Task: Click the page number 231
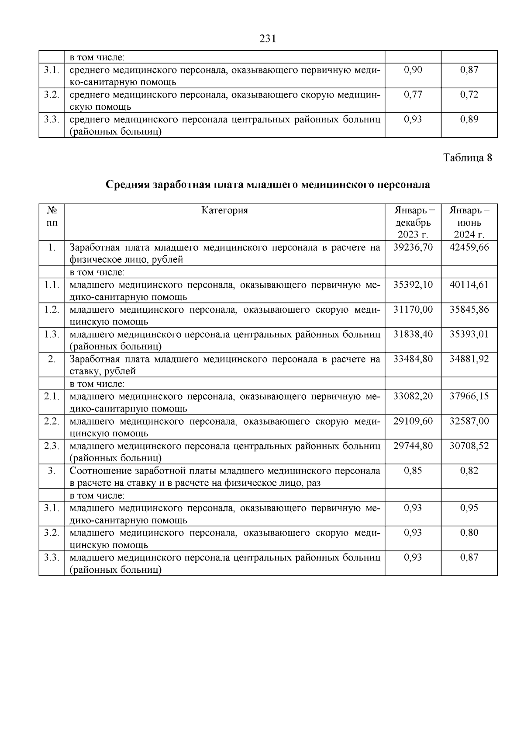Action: click(268, 39)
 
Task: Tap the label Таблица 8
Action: click(468, 158)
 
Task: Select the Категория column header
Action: click(224, 210)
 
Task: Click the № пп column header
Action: click(52, 216)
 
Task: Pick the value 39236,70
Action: click(413, 247)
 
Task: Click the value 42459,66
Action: click(469, 247)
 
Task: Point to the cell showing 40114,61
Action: click(469, 285)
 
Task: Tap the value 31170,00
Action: click(413, 310)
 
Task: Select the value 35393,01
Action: click(469, 334)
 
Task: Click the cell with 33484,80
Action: click(413, 359)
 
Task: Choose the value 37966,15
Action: click(469, 396)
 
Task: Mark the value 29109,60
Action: click(413, 421)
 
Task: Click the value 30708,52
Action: click(469, 446)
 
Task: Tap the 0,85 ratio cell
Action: click(413, 470)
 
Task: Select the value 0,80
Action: click(469, 533)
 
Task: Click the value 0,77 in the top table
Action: click(413, 94)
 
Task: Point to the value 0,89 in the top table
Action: click(469, 119)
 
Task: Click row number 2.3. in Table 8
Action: click(52, 446)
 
